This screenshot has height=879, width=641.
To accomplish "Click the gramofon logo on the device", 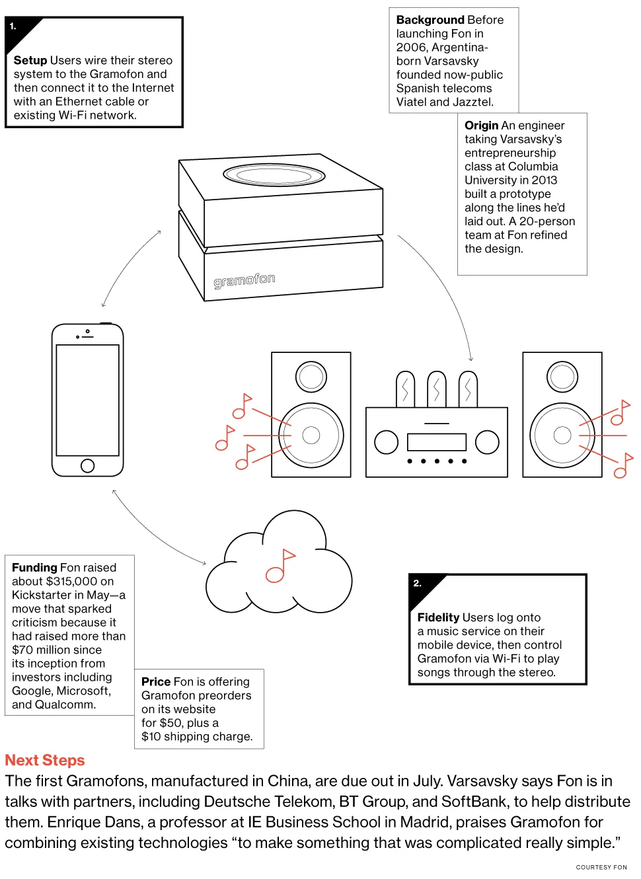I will click(244, 280).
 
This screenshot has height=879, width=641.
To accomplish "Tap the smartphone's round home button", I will click(87, 465).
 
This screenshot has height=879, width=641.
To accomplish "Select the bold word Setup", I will click(30, 60).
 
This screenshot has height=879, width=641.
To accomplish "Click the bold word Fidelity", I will click(438, 617).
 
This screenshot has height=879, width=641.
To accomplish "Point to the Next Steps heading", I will click(45, 760).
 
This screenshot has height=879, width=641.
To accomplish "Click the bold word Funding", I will click(34, 568).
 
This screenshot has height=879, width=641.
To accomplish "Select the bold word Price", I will click(156, 681).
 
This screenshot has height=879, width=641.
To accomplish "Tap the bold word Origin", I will click(481, 126).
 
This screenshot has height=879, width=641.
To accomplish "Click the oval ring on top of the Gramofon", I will click(274, 175).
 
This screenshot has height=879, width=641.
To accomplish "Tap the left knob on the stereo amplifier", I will click(386, 442).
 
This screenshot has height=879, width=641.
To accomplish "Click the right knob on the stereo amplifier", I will click(487, 442).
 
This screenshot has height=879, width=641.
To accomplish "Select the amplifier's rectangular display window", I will click(437, 442).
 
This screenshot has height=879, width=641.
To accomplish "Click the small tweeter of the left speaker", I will click(311, 377).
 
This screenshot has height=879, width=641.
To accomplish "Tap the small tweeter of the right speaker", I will click(562, 377).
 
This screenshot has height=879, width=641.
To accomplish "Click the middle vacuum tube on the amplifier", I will click(436, 389).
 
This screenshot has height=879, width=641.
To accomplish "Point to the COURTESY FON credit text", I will click(601, 867).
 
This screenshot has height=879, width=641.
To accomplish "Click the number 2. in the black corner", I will click(417, 583).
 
